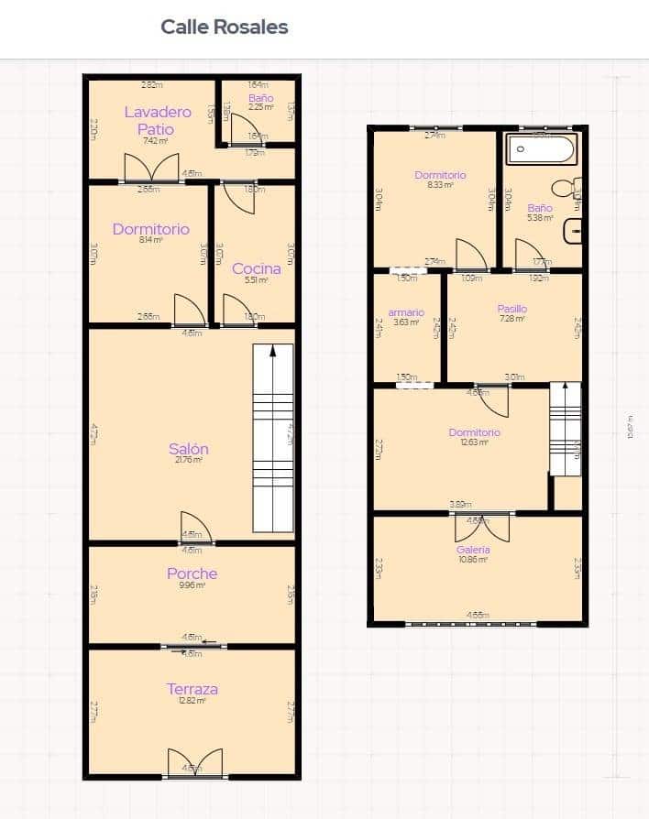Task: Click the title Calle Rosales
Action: coord(225,27)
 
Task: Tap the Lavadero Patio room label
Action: coord(158,120)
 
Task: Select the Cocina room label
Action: coord(256,268)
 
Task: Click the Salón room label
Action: coord(188,449)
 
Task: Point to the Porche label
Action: coord(192,574)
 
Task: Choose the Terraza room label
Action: coord(192,689)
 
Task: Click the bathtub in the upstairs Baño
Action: coord(541,148)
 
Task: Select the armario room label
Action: coord(406,312)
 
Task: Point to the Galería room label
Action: coord(473,550)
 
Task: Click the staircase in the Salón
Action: coord(272,438)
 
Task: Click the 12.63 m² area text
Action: coord(475,442)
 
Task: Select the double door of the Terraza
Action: coord(194,764)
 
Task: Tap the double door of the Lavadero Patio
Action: coord(151,168)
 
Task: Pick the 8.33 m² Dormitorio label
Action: coord(440,175)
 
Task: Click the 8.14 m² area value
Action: coord(151,240)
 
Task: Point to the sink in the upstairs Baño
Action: coord(575,232)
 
